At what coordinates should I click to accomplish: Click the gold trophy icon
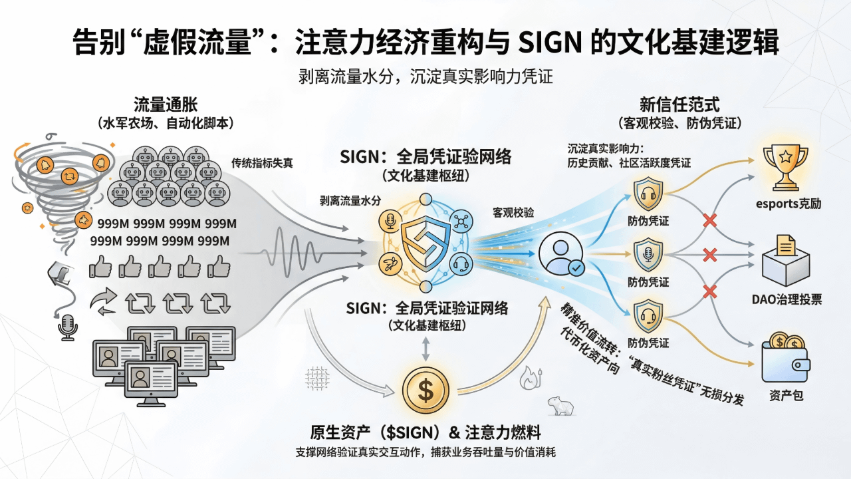786,166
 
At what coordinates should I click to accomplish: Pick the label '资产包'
786,397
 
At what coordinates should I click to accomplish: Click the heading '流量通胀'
166,104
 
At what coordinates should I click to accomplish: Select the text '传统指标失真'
262,163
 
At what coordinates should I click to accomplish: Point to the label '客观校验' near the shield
513,213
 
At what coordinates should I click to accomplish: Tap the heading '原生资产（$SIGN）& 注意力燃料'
425,432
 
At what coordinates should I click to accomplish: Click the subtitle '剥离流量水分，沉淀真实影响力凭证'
425,77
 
